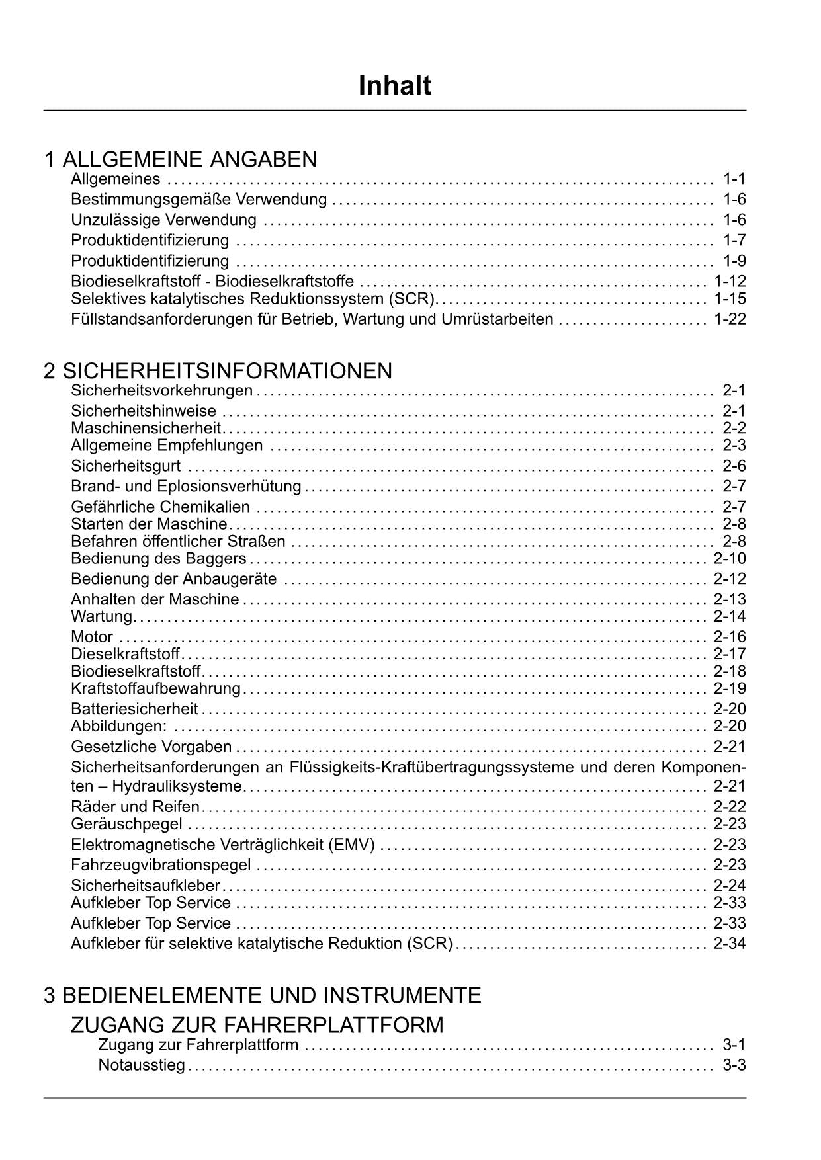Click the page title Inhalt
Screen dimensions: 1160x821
tap(395, 86)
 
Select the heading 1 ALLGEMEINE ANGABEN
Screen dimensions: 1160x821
tap(181, 159)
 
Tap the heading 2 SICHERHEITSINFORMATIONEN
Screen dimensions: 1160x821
tap(218, 371)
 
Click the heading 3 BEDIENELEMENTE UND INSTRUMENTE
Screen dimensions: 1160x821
tap(263, 995)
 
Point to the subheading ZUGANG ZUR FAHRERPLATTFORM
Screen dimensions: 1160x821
tap(257, 1026)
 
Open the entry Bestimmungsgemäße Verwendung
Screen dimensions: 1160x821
tap(198, 199)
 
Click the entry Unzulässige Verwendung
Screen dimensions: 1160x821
tap(163, 220)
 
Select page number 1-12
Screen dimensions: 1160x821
tap(730, 281)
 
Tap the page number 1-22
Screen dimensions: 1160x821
tap(730, 319)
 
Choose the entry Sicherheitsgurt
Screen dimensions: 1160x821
tap(126, 466)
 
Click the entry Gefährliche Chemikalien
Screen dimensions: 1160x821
tap(160, 507)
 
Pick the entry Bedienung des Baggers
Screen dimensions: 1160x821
tap(158, 559)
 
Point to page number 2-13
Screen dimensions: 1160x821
tap(730, 599)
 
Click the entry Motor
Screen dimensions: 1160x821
tap(92, 637)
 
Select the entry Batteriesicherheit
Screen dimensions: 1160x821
tap(134, 710)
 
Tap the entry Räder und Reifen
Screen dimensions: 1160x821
tap(135, 807)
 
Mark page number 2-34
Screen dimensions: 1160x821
tap(730, 944)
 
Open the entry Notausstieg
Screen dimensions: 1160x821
tap(142, 1066)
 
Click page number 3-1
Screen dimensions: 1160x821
tap(734, 1046)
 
